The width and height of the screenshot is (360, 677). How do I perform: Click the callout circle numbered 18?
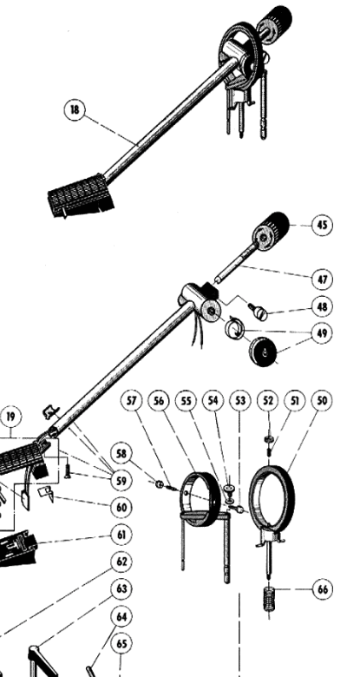tap(75, 109)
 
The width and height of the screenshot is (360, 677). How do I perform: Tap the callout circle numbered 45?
tap(322, 225)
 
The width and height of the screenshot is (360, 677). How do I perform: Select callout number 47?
tap(322, 279)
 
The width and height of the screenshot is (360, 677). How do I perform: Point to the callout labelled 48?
tap(322, 306)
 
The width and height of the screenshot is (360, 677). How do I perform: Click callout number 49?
tap(322, 333)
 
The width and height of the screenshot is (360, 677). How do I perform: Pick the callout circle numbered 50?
tap(322, 401)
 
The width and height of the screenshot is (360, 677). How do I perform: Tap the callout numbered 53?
tap(240, 401)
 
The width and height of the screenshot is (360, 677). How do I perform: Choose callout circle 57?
tap(131, 401)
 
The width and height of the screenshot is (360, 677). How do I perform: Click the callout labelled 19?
tap(10, 417)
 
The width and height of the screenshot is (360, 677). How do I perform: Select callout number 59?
tap(121, 481)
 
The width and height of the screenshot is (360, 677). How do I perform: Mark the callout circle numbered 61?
tap(121, 535)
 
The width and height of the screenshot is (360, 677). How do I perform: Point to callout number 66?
tap(322, 589)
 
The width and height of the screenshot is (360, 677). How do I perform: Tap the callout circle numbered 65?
tap(121, 644)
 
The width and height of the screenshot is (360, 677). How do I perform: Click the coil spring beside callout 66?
tap(269, 597)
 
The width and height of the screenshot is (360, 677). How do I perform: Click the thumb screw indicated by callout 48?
tap(259, 312)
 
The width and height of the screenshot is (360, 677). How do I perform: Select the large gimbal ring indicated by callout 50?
tap(272, 496)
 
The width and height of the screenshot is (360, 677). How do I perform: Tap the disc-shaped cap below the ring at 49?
tap(264, 351)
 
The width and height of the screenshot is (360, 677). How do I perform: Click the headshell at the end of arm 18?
tap(81, 195)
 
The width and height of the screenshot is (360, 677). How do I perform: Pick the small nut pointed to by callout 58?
tap(160, 484)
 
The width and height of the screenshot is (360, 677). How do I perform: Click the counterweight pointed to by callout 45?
tap(271, 231)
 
